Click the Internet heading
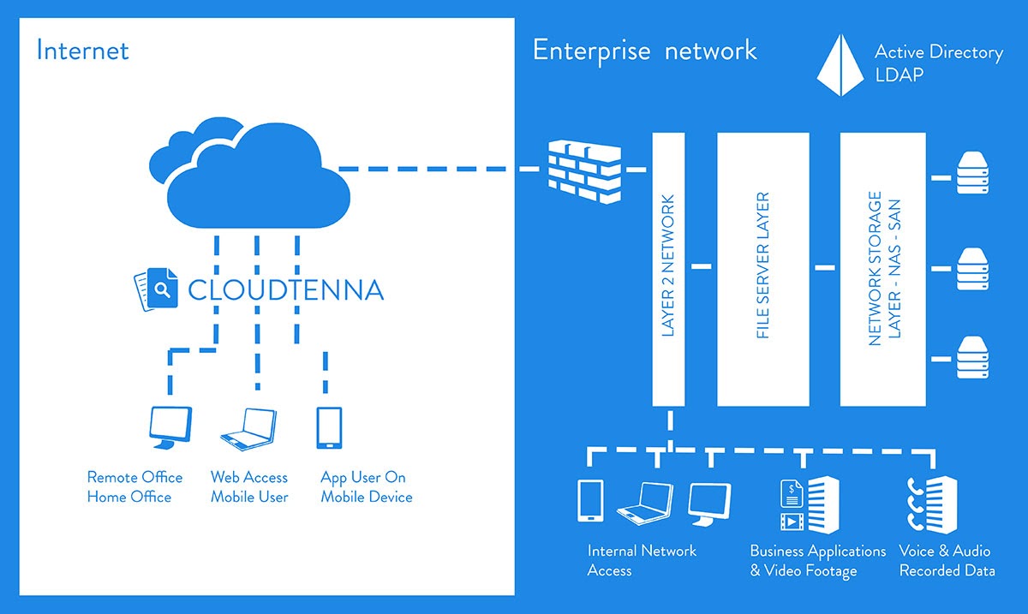tap(82, 51)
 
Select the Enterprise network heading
tap(645, 51)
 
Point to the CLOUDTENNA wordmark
tap(285, 289)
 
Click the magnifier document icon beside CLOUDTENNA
tap(155, 289)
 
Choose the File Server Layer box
tap(762, 268)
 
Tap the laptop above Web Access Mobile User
tap(249, 427)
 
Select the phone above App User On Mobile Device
tap(329, 427)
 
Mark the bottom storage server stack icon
tap(972, 359)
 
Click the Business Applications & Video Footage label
tap(818, 561)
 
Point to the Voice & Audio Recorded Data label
tap(947, 561)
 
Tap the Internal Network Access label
tap(642, 561)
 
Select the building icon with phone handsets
tap(933, 505)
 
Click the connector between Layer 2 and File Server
tap(702, 267)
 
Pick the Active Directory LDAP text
tap(938, 63)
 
